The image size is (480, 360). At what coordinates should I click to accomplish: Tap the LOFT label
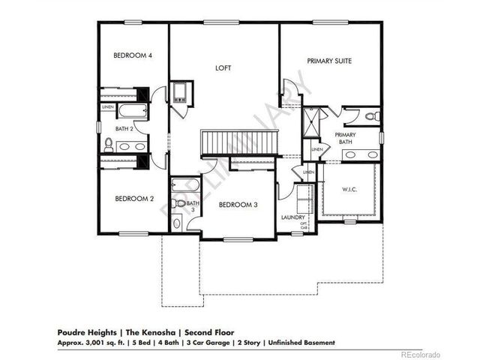click(223, 68)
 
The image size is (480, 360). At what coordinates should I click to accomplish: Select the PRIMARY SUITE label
click(329, 61)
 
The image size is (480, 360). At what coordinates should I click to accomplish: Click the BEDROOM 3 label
click(238, 204)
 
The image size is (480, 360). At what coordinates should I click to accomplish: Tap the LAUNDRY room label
click(292, 217)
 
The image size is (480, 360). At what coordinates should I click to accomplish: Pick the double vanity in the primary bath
click(360, 155)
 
